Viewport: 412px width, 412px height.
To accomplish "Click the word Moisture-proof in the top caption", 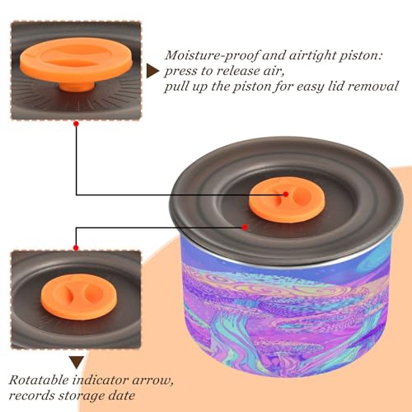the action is click(x=212, y=56).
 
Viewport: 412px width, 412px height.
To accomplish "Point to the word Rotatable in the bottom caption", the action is click(x=39, y=380).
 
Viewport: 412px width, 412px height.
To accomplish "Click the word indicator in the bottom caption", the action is click(x=101, y=380).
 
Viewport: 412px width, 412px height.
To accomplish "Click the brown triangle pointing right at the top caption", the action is click(x=152, y=71).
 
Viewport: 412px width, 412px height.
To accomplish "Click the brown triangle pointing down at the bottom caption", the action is click(x=77, y=362).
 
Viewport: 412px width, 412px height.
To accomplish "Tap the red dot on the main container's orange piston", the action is click(x=286, y=194).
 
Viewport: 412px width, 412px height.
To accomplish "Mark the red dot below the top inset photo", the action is click(x=76, y=124).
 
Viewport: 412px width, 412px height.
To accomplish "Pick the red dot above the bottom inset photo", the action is click(x=76, y=248).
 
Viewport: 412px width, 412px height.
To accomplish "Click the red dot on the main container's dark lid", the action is click(x=245, y=227).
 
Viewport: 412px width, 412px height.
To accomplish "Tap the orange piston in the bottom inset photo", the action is click(x=79, y=297).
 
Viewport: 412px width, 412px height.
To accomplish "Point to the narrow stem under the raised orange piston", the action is click(x=77, y=86).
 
